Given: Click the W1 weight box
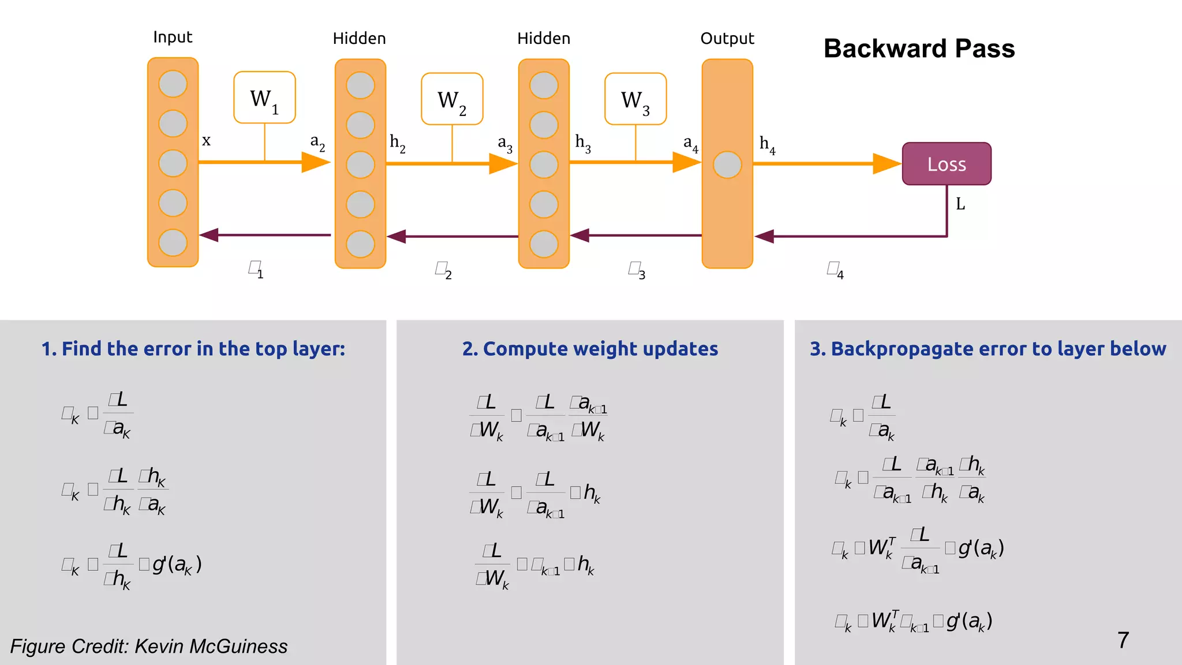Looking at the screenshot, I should click(x=264, y=98).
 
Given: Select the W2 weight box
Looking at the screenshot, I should click(x=452, y=99).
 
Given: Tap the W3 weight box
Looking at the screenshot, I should click(x=635, y=99).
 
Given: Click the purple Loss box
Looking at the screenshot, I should click(x=947, y=164).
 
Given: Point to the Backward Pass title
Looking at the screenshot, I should click(x=919, y=48).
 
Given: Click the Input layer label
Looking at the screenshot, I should click(x=173, y=38).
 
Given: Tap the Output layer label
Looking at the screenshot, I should click(x=727, y=39).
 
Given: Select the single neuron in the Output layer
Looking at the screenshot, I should click(x=727, y=165).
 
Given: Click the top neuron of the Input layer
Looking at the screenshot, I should click(x=173, y=84).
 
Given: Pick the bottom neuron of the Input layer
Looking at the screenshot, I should click(x=173, y=242).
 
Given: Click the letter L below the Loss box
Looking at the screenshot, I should click(x=960, y=204).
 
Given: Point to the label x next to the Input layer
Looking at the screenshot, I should click(x=206, y=140).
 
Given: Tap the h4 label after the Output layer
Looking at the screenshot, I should click(x=767, y=144).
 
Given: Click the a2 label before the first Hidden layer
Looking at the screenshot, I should click(x=317, y=142).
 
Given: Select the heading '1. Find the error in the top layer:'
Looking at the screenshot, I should click(x=193, y=349).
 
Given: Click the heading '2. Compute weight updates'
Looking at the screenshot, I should click(x=590, y=349).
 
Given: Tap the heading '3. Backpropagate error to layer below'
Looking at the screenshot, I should click(x=988, y=349).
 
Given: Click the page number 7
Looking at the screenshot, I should click(x=1123, y=640).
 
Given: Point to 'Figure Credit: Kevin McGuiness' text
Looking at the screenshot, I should click(x=149, y=646).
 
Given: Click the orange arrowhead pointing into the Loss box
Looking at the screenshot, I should click(x=886, y=164).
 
